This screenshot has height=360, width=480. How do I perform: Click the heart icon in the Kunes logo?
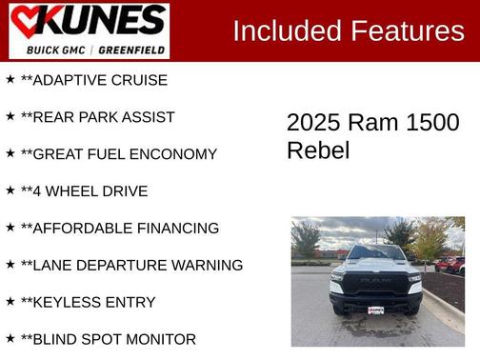[29, 22]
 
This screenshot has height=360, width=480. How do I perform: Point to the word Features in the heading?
[407, 31]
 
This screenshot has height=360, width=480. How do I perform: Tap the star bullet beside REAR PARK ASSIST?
[10, 116]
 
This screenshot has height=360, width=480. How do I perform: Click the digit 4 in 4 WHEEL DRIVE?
[37, 191]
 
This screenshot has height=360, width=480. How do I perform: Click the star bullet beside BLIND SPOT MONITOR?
[10, 338]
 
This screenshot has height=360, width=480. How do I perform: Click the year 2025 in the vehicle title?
[313, 123]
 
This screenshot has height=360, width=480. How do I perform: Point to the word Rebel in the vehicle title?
[318, 150]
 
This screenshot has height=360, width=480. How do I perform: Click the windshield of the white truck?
[375, 253]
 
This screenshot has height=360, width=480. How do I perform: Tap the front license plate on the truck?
[376, 310]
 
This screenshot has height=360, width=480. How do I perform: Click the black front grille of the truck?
[375, 284]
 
